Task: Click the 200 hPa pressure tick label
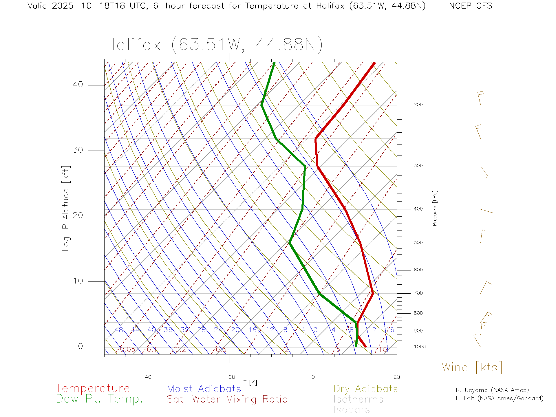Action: [418, 105]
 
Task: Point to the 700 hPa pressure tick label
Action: [418, 293]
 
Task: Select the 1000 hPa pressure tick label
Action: [420, 347]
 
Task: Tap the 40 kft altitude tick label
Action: [78, 85]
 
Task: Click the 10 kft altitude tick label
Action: [78, 281]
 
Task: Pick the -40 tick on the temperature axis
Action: [146, 377]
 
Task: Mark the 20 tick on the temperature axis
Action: [396, 377]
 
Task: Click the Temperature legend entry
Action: [92, 388]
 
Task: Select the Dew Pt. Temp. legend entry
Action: [99, 399]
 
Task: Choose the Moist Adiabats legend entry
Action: [204, 389]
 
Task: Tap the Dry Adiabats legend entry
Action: [365, 389]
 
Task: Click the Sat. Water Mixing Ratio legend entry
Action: [227, 399]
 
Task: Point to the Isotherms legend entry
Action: [358, 399]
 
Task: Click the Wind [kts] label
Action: [472, 367]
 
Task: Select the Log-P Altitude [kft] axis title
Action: [66, 208]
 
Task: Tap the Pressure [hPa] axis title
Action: [435, 208]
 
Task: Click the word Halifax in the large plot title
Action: [133, 45]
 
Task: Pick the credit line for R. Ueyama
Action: [492, 390]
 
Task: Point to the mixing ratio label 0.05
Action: [128, 350]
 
